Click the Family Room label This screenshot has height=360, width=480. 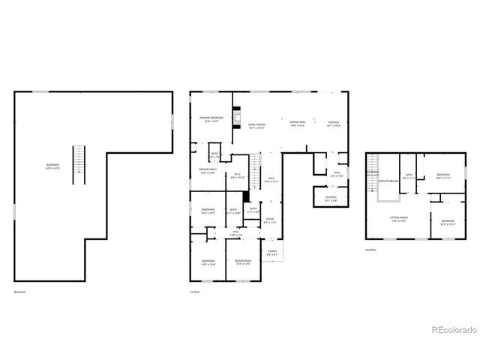click(x=256, y=127)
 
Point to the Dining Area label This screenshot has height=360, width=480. click(x=297, y=124)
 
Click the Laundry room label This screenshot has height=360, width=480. click(x=331, y=199)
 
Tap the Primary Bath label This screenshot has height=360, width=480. click(x=208, y=172)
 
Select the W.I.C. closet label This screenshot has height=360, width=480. click(x=236, y=176)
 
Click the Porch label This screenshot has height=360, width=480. click(x=272, y=253)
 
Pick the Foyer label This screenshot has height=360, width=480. click(x=269, y=221)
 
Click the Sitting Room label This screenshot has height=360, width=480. click(x=397, y=219)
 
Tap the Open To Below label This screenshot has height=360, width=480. click(x=388, y=181)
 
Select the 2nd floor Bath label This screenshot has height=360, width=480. click(x=409, y=176)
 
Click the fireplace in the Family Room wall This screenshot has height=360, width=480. click(x=235, y=118)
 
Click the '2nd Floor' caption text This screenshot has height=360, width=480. click(x=370, y=250)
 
